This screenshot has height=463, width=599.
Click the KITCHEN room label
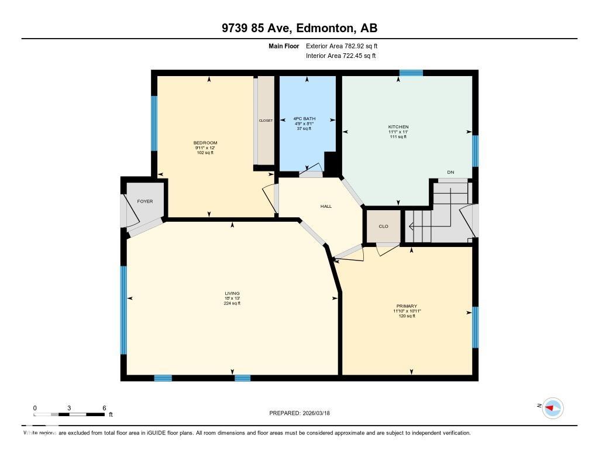(398, 127)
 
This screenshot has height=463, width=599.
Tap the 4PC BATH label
(304, 119)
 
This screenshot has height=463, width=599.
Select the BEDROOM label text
(205, 143)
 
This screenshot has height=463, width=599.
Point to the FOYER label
(145, 201)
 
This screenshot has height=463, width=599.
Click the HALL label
(326, 206)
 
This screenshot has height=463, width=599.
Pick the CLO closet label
(383, 226)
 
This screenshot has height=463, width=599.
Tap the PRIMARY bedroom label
(407, 306)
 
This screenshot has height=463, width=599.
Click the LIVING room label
(232, 293)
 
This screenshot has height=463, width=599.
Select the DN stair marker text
(450, 172)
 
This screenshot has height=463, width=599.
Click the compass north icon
(552, 407)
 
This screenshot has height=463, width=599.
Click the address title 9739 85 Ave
(299, 28)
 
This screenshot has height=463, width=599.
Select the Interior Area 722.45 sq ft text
(340, 56)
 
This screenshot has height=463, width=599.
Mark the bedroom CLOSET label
(266, 121)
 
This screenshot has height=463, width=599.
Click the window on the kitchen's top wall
(411, 73)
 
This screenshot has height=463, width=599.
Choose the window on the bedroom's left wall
(154, 123)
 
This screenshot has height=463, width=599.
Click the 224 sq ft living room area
(232, 303)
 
